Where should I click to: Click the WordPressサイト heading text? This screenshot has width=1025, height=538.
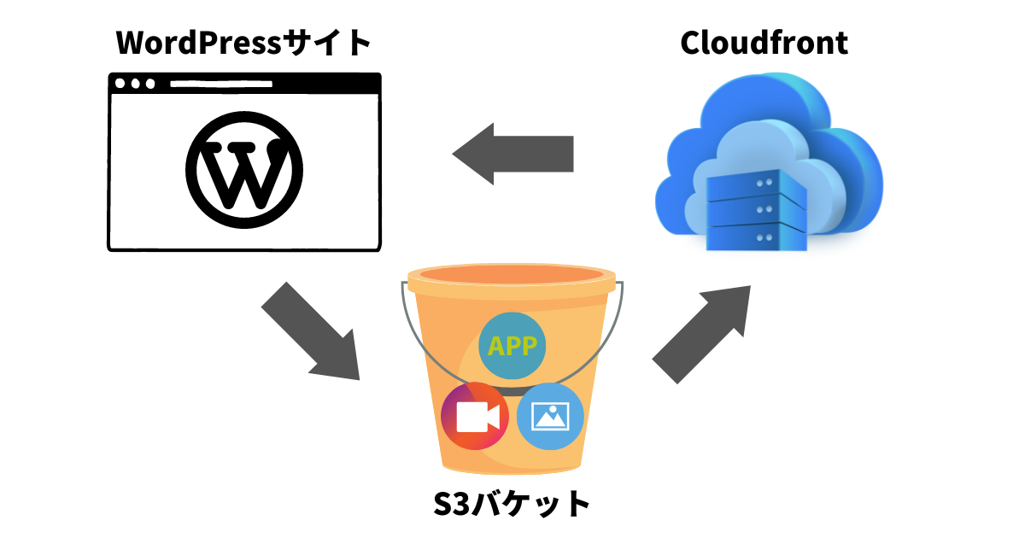[x=243, y=43]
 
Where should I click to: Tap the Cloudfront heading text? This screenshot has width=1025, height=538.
[x=764, y=43]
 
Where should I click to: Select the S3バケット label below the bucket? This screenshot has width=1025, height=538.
[x=512, y=503]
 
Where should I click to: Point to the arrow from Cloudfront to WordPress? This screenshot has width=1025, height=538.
[x=512, y=154]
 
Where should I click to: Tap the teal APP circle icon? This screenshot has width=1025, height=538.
[x=512, y=346]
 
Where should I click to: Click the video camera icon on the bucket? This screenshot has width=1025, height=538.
[x=475, y=417]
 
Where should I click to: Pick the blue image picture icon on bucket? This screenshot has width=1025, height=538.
[x=550, y=416]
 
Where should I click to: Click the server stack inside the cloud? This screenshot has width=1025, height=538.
[x=756, y=209]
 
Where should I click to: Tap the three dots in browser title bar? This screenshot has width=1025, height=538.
[x=136, y=85]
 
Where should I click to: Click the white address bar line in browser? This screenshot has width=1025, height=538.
[x=221, y=85]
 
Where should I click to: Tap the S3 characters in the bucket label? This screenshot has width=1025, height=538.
[x=451, y=503]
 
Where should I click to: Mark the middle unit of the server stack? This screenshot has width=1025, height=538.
[x=756, y=210]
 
